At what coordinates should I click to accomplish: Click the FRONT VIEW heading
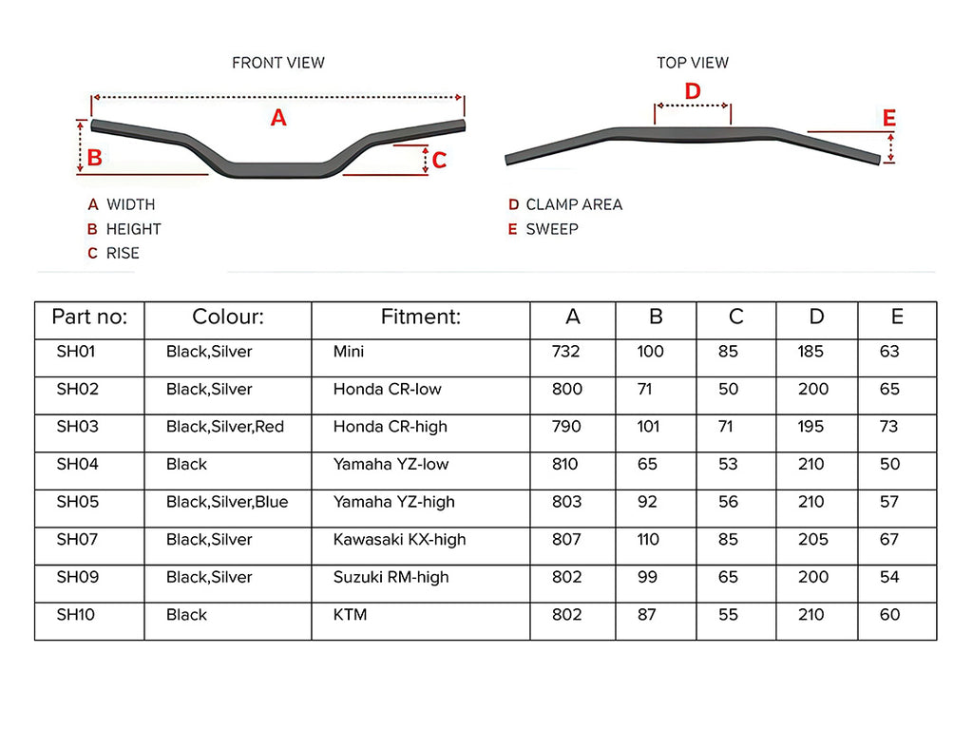pos(278,63)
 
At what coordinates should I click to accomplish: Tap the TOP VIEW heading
pos(693,63)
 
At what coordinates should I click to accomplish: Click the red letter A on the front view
pos(278,118)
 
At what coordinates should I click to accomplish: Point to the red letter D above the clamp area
pos(693,91)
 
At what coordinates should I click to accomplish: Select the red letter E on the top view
pos(889,119)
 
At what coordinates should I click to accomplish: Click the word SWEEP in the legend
pos(552,229)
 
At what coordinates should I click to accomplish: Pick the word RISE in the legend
pos(123,253)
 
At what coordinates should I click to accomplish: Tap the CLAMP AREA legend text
pos(574,204)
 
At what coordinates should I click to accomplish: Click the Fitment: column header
pos(420,317)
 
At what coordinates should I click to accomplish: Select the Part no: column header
pos(89,317)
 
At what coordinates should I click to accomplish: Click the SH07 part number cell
pos(77,540)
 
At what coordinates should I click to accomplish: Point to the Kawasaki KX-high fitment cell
pos(399,540)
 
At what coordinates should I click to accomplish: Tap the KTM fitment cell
pos(350,615)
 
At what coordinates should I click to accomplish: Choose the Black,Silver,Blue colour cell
pos(227,502)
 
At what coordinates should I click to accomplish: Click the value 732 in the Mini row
pos(566,352)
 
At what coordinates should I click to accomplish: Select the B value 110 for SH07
pos(650,540)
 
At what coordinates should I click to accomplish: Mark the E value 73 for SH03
pos(888,427)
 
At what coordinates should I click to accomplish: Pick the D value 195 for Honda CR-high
pos(811,427)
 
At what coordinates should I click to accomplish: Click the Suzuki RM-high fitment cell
pos(391,577)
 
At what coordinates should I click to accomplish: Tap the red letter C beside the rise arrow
pos(439,161)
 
